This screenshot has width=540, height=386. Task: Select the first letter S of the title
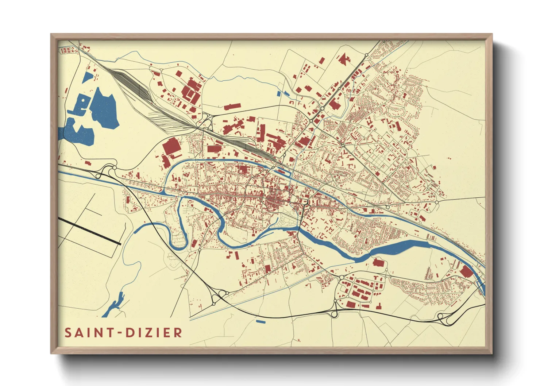point(68,333)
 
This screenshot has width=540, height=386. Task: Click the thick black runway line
point(89,231)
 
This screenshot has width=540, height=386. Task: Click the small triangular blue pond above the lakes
point(88,77)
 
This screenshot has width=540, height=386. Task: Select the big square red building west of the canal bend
point(171,147)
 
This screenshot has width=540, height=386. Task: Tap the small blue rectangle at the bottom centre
point(260,321)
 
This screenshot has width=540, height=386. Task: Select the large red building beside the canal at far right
point(466,272)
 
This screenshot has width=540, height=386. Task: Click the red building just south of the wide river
point(378,263)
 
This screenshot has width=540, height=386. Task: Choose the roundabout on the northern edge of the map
point(367,55)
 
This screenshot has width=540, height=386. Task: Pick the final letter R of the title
point(178,333)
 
